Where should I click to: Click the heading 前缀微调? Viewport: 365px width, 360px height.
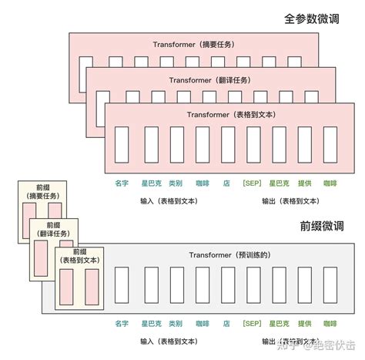[323, 227]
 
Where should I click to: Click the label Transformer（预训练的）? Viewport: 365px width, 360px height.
[229, 254]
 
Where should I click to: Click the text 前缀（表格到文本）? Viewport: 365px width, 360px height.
[79, 256]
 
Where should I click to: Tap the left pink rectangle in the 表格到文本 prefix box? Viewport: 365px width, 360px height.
[65, 287]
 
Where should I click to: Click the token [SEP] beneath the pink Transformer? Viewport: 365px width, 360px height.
[252, 183]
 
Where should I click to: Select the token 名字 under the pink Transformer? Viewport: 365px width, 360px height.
[121, 183]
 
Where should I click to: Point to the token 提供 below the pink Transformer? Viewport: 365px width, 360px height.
[305, 183]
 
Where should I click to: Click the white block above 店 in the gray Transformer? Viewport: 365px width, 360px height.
[226, 288]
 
